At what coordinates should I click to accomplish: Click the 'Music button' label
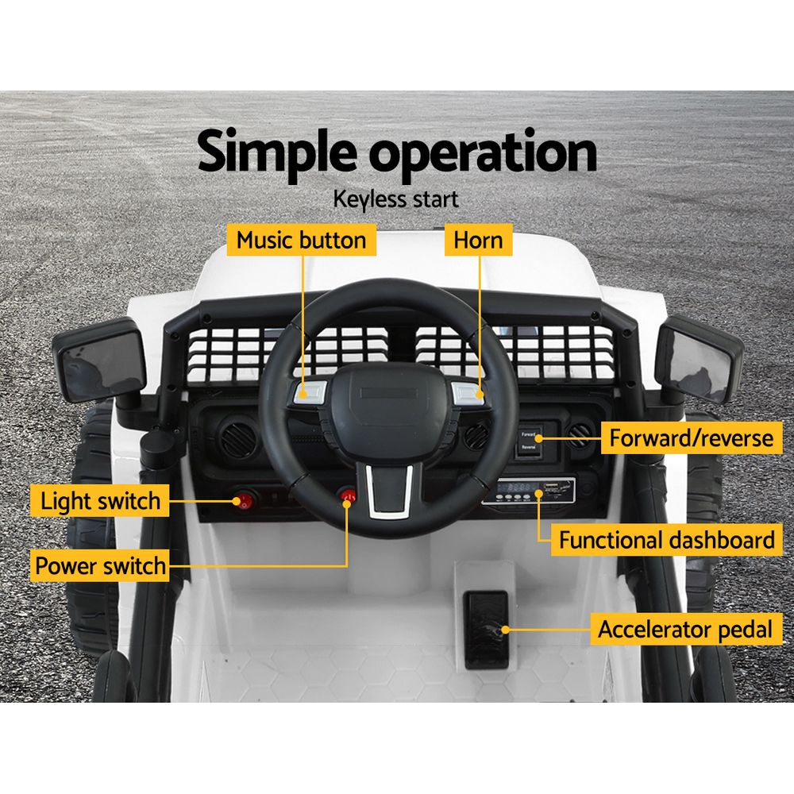(302, 240)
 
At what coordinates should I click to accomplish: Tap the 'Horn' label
(478, 240)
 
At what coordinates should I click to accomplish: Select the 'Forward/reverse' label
(689, 437)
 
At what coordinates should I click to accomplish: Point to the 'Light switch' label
(100, 502)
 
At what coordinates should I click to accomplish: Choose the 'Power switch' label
(100, 566)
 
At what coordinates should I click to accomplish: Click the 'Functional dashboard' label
(666, 541)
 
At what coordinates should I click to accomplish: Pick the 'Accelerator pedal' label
(684, 630)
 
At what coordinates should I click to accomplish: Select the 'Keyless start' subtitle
(397, 198)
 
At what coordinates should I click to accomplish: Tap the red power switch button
(348, 496)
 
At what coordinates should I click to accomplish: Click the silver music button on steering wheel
(310, 391)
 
